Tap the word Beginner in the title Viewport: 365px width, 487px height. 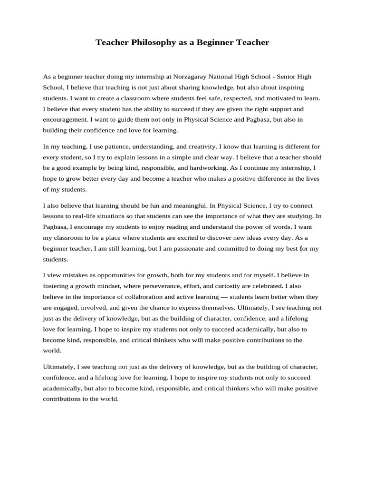click(x=216, y=43)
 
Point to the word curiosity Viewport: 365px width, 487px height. click(x=219, y=286)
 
